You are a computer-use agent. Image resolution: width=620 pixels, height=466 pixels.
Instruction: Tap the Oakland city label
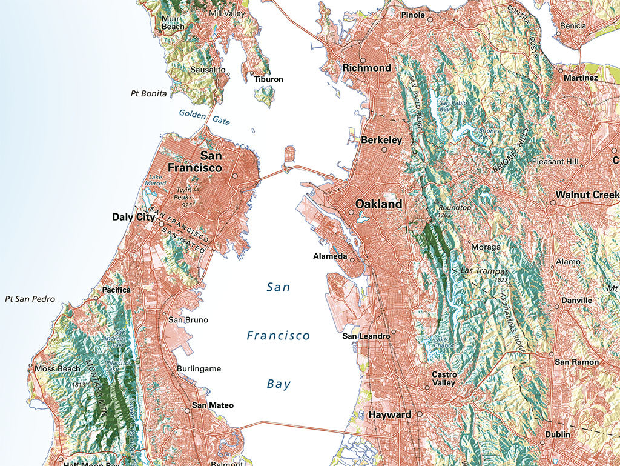click(x=378, y=204)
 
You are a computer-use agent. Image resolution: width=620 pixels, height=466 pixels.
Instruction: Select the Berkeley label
click(x=381, y=140)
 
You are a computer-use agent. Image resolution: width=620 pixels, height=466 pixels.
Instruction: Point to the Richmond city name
click(x=366, y=68)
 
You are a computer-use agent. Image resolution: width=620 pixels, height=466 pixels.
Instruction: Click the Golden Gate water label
click(x=205, y=117)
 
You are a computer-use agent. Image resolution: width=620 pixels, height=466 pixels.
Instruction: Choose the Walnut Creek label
click(x=587, y=195)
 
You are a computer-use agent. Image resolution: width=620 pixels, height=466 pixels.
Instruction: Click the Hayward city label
click(x=389, y=414)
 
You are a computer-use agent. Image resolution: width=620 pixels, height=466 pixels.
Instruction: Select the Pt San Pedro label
click(x=30, y=299)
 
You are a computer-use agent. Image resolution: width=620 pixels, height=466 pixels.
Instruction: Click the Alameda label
click(x=330, y=256)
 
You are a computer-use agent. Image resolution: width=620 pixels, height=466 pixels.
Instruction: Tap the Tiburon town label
click(x=268, y=79)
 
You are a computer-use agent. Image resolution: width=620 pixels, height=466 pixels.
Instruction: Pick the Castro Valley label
click(x=444, y=379)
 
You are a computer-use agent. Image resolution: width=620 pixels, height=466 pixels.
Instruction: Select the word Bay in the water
click(x=279, y=384)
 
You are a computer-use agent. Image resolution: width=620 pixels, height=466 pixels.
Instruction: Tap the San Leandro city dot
click(x=393, y=331)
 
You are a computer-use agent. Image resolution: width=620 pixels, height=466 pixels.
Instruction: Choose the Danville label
click(x=576, y=300)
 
